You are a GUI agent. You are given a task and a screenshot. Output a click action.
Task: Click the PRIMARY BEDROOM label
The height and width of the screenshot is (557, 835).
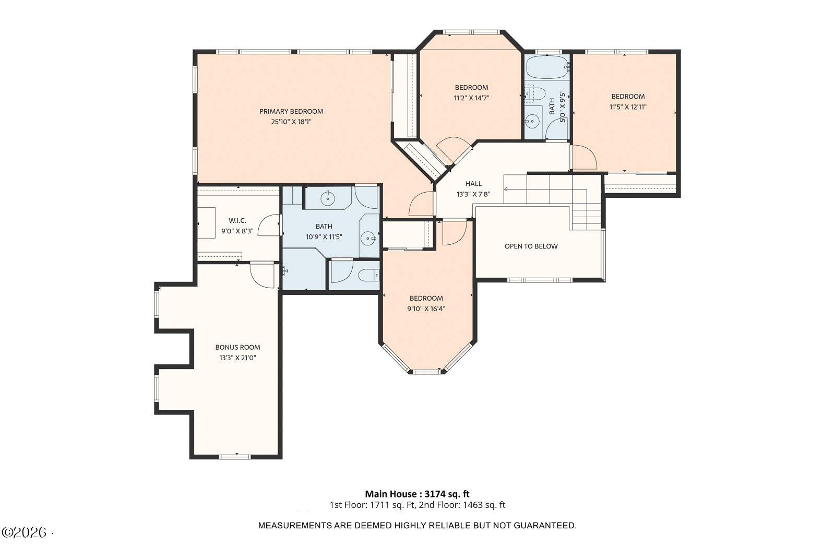click(x=291, y=112)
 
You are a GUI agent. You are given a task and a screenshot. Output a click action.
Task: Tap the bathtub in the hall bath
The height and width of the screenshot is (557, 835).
click(x=547, y=67)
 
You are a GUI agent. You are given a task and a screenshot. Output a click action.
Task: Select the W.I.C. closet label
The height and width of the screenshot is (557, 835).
click(x=237, y=221)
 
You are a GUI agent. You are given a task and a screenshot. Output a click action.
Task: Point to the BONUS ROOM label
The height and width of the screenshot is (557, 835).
click(x=238, y=348)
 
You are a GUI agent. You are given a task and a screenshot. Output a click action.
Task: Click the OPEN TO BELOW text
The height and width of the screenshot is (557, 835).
click(x=531, y=246)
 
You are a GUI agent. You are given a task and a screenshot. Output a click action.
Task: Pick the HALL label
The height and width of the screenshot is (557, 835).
click(x=473, y=184)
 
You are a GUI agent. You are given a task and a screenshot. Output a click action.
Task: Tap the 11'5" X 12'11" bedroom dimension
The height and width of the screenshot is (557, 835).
click(x=628, y=107)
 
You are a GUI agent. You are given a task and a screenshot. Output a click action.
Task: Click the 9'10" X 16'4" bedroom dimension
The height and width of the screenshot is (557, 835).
click(x=426, y=309)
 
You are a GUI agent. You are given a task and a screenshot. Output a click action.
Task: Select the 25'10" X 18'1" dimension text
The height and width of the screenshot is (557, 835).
click(x=291, y=122)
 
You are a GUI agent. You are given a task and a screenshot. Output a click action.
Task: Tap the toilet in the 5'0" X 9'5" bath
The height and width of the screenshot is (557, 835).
click(x=535, y=93)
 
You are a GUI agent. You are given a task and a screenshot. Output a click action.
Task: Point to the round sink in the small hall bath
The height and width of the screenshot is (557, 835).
click(x=532, y=121)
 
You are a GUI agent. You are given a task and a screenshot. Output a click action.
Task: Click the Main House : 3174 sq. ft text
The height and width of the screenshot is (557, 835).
click(x=417, y=494)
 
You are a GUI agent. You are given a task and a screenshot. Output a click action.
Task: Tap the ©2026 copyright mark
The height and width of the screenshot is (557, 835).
click(x=25, y=532)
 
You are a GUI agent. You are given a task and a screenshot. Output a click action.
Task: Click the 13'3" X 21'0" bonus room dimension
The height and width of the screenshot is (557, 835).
click(x=238, y=358)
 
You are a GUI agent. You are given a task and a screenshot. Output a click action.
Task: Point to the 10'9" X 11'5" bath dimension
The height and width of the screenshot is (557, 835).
click(x=324, y=237)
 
